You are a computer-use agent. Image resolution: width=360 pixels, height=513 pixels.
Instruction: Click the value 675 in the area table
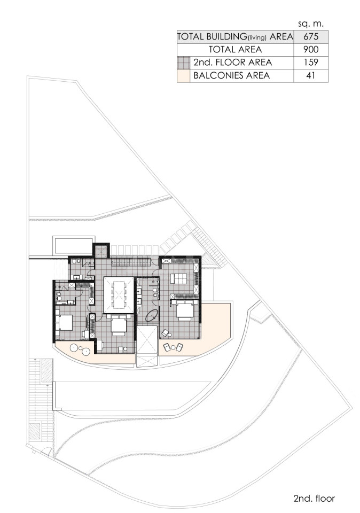pyautogui.click(x=311, y=37)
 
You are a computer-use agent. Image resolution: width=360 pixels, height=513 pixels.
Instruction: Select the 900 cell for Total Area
pyautogui.click(x=311, y=49)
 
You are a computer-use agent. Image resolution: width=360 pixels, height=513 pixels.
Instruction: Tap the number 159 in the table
pyautogui.click(x=311, y=62)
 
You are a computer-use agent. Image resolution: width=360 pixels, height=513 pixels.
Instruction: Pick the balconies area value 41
pyautogui.click(x=311, y=75)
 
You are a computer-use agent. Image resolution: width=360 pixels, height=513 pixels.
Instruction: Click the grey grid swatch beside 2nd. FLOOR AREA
pyautogui.click(x=183, y=63)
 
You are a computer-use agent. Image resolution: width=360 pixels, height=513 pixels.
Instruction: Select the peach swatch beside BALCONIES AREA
pyautogui.click(x=183, y=75)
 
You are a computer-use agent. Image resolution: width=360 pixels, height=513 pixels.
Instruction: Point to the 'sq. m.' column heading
pyautogui.click(x=311, y=24)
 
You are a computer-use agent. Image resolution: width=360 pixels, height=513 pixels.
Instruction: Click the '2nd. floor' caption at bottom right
pyautogui.click(x=314, y=498)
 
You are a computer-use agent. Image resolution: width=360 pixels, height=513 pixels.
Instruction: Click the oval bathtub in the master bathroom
pyautogui.click(x=152, y=316)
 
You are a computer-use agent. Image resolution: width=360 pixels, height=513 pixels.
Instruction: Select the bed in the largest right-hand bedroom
pyautogui.click(x=185, y=310)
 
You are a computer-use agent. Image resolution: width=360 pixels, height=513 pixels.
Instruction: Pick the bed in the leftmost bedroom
pyautogui.click(x=65, y=323)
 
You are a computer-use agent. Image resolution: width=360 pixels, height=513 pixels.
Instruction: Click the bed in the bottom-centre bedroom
pyautogui.click(x=118, y=325)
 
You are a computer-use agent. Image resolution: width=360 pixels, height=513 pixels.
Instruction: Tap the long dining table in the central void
pyautogui.click(x=119, y=295)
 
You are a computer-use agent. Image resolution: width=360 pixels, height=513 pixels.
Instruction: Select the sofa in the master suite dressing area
pyautogui.click(x=178, y=278)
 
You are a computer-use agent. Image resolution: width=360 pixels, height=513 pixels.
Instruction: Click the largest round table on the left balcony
pyautogui.click(x=74, y=348)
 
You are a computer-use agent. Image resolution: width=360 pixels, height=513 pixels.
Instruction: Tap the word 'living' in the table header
pyautogui.click(x=257, y=38)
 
